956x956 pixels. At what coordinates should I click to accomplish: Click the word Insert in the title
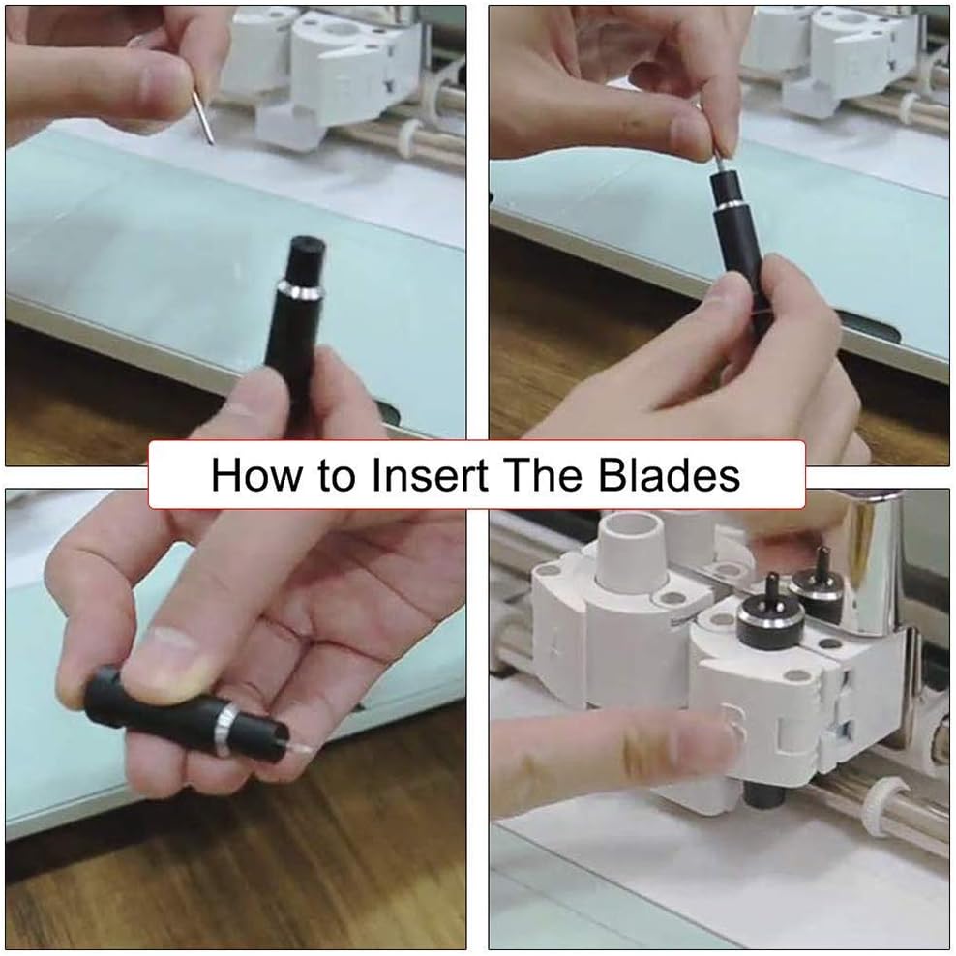430,474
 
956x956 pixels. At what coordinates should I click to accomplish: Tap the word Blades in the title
669,474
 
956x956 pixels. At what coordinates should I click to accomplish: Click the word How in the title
256,474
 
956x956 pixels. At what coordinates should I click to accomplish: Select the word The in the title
543,474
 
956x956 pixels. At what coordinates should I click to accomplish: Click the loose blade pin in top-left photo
203,117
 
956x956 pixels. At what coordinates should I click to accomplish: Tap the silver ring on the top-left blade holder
299,289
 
